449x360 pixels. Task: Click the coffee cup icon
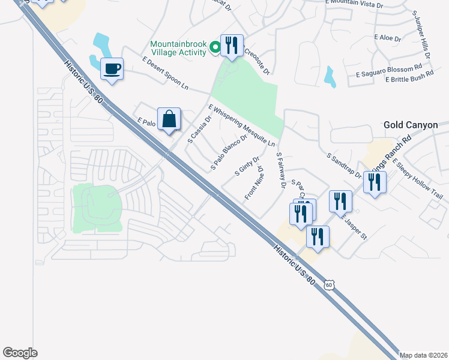pos(112,69)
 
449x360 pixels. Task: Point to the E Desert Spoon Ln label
pos(165,74)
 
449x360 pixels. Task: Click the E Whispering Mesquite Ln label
pos(241,125)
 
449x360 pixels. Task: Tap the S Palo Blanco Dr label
pos(229,152)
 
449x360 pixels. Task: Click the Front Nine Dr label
pos(253,184)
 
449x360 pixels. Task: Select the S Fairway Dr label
pos(279,170)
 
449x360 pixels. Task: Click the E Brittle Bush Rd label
pos(409,79)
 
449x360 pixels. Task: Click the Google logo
pos(20,352)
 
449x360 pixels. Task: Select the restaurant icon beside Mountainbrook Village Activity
pos(232,45)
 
